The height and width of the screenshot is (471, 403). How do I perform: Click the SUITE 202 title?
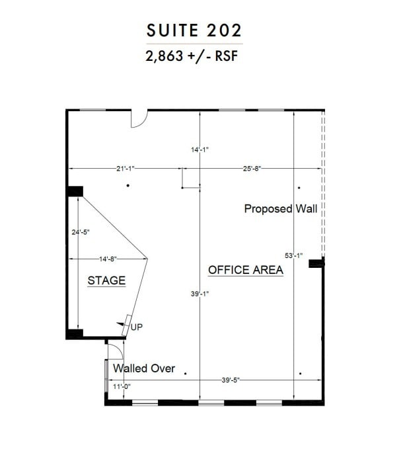point(195,30)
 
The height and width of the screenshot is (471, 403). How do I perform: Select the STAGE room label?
point(106,280)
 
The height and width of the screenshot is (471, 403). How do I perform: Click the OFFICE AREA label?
point(246,270)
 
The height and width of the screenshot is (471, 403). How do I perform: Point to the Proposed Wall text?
point(281,209)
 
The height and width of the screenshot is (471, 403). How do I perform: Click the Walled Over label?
point(144,368)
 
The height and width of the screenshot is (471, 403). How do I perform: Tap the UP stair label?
point(137,327)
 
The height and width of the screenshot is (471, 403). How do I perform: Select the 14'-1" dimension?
point(200,150)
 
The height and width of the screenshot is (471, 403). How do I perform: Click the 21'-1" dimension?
point(126,169)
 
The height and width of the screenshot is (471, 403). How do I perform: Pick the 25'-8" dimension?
point(252,169)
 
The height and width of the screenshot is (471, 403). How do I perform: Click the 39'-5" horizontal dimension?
point(230,380)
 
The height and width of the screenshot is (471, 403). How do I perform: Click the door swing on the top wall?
point(139,118)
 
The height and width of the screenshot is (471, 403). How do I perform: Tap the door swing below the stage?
point(115,348)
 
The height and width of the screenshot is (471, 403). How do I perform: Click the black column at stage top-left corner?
point(75,191)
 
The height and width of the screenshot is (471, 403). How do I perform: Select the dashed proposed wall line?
point(322,185)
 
